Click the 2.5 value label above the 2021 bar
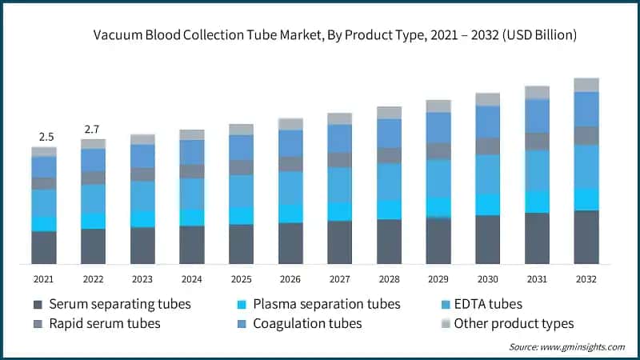pyautogui.click(x=44, y=137)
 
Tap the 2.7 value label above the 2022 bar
pyautogui.click(x=93, y=129)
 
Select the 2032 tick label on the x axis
pyautogui.click(x=586, y=278)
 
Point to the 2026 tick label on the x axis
pyautogui.click(x=290, y=278)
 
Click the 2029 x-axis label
pyautogui.click(x=438, y=278)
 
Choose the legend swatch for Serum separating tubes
pyautogui.click(x=38, y=305)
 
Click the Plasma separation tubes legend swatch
pyautogui.click(x=241, y=305)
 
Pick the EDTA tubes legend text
pyautogui.click(x=488, y=304)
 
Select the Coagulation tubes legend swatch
pyautogui.click(x=241, y=324)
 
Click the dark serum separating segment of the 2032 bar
pyautogui.click(x=586, y=237)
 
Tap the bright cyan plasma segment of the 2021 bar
pyautogui.click(x=44, y=223)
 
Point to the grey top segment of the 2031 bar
pyautogui.click(x=537, y=92)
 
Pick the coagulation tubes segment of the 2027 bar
pyautogui.click(x=340, y=138)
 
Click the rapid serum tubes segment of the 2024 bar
pyautogui.click(x=192, y=171)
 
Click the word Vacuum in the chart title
pyautogui.click(x=118, y=35)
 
